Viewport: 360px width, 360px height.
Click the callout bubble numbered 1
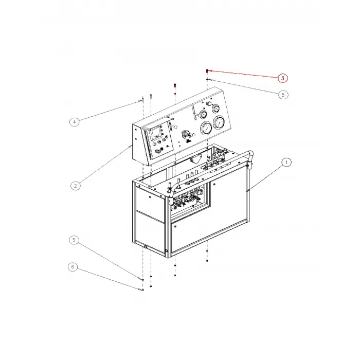point(286,163)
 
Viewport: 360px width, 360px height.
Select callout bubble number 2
point(75,186)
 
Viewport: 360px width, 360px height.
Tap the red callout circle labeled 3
point(282,78)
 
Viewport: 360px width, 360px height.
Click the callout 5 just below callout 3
point(282,95)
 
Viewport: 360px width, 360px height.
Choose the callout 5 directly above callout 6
point(74,240)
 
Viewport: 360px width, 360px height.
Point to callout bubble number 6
point(73,267)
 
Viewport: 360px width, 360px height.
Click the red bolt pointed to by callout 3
point(207,71)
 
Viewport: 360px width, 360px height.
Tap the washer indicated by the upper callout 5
point(207,80)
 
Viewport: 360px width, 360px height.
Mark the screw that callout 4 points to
point(140,100)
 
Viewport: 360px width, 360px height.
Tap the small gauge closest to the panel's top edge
point(215,109)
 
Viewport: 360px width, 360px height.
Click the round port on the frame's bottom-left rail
point(146,248)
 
